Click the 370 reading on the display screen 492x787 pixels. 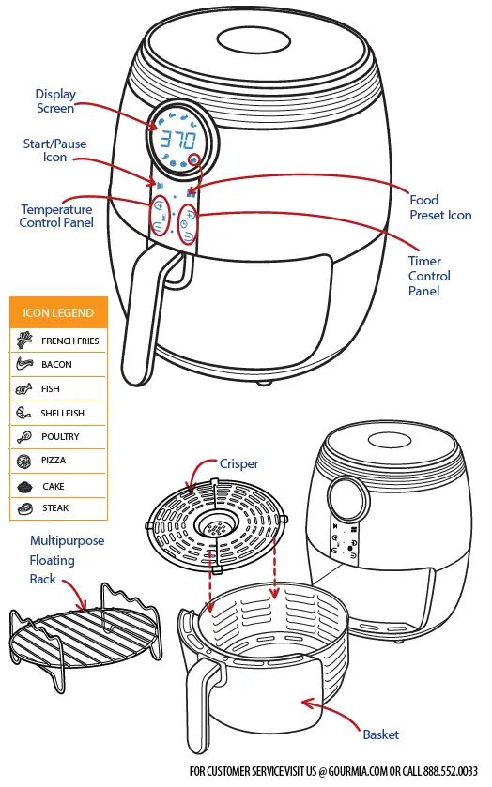point(177,141)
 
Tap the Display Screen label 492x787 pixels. point(55,101)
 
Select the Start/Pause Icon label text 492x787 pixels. point(55,150)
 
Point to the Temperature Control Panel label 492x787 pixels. point(56,216)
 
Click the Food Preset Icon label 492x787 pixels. point(439,207)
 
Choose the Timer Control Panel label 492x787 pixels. point(429,276)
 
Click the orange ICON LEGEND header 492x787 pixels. point(58,312)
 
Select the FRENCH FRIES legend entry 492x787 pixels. point(69,341)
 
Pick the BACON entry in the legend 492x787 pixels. point(56,364)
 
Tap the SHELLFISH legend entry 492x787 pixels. point(62,413)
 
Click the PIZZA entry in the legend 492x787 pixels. point(54,461)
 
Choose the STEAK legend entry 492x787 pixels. point(54,508)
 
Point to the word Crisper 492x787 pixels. point(238,463)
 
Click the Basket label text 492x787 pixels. point(380,734)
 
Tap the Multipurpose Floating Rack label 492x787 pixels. point(66,560)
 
